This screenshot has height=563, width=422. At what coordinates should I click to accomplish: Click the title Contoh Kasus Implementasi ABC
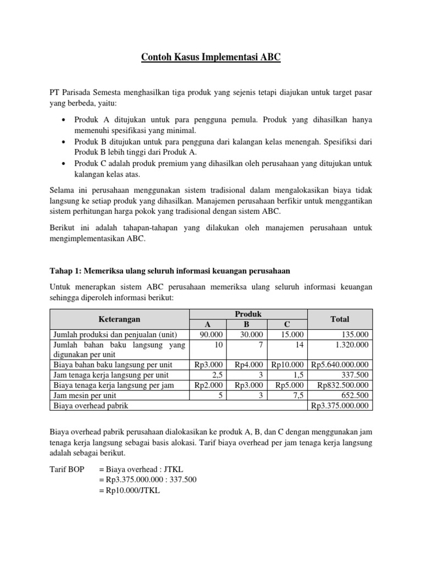211,57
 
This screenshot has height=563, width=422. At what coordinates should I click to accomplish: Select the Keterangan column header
119,319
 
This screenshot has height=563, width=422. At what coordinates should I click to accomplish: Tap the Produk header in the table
248,314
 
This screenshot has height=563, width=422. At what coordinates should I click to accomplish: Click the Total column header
340,319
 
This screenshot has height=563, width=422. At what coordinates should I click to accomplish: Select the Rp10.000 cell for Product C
289,365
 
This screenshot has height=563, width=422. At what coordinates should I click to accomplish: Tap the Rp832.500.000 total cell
343,385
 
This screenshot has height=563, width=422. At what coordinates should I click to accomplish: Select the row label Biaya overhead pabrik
93,406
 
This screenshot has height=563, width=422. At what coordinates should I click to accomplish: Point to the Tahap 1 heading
170,271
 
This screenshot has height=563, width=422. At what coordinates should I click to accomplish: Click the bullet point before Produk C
65,164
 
